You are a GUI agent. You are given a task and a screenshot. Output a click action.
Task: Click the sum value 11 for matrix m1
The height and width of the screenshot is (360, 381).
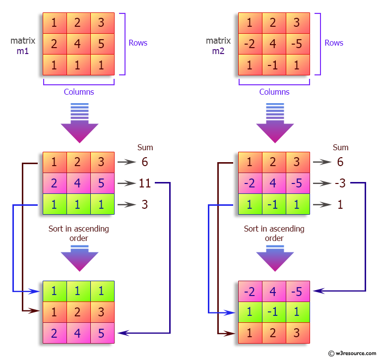coord(144,183)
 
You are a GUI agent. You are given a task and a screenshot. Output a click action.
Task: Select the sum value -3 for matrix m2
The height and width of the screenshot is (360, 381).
coord(340,183)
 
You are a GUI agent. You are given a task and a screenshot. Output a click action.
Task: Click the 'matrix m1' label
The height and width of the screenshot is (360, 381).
coord(23,46)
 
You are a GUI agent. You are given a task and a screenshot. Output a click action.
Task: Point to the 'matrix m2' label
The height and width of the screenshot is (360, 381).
coord(218,46)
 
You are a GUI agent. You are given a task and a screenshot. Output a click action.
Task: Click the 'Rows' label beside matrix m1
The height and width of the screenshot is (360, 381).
coord(138,43)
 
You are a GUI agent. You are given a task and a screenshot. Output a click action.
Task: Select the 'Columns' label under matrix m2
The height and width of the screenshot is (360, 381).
coord(274,92)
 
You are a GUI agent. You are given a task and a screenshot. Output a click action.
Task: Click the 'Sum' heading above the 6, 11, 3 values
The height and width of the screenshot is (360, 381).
coord(145,147)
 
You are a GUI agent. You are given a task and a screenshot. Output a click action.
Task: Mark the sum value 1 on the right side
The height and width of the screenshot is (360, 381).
coord(340,204)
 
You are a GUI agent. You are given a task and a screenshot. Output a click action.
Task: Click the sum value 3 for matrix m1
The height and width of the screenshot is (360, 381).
coord(144,204)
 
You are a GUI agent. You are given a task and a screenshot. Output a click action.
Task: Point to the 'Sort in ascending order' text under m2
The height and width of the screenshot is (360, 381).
coord(274,234)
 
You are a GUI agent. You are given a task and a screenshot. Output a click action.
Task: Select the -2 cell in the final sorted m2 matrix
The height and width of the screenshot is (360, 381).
coord(250,292)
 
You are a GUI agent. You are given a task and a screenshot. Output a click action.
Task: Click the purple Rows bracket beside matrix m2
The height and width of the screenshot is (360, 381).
coord(318,44)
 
